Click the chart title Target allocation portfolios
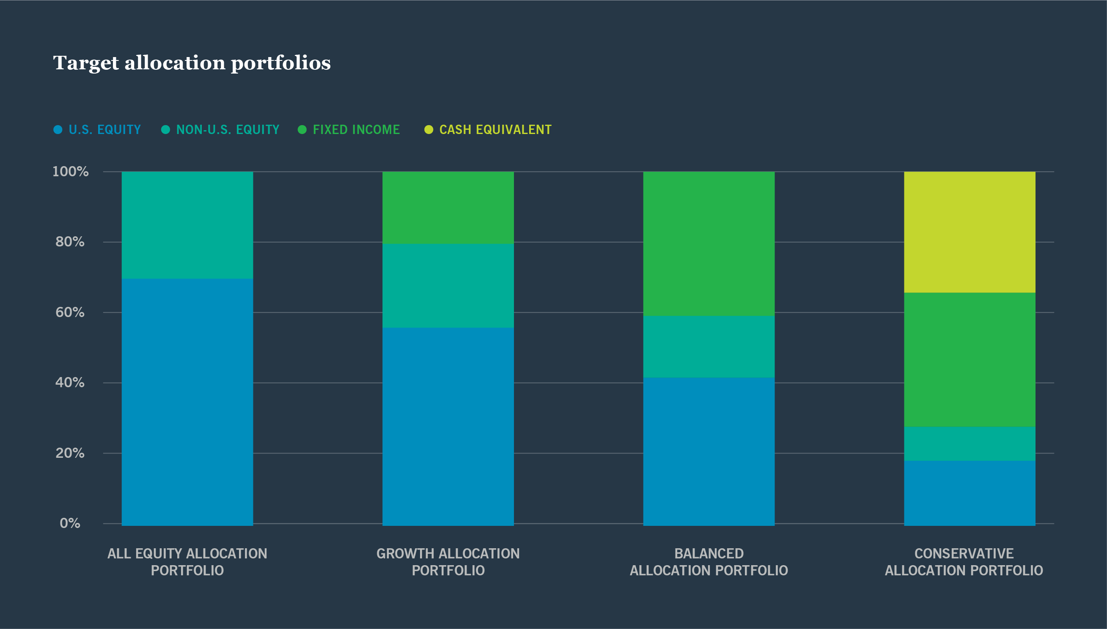(192, 63)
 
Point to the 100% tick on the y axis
(71, 172)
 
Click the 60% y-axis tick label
(70, 312)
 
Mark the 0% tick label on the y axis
(70, 523)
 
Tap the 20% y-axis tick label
(70, 453)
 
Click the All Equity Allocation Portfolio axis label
(187, 562)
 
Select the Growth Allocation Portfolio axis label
(448, 562)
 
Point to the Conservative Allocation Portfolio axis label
(964, 562)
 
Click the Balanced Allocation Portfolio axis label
(709, 562)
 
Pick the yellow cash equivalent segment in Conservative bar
(969, 232)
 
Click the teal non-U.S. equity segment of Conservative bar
(969, 444)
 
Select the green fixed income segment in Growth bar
(448, 208)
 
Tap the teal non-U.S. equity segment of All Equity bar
(187, 224)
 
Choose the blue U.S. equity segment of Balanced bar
(709, 451)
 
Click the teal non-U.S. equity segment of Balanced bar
(709, 347)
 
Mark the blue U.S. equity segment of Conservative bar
(969, 493)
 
